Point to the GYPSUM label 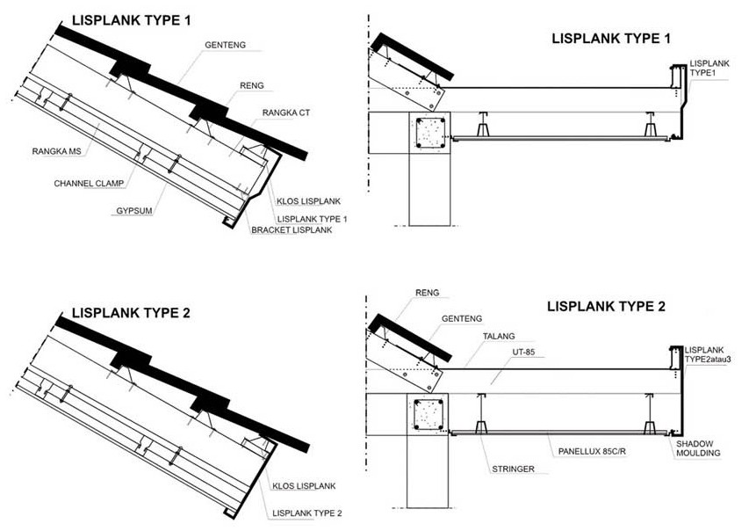pos(135,212)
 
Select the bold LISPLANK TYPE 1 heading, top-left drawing pos(131,19)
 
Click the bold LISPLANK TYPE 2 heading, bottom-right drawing pos(606,307)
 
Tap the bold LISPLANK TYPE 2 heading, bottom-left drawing pos(131,312)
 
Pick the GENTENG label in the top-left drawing pos(224,44)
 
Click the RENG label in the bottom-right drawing pos(427,293)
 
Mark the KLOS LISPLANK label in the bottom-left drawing pos(304,486)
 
